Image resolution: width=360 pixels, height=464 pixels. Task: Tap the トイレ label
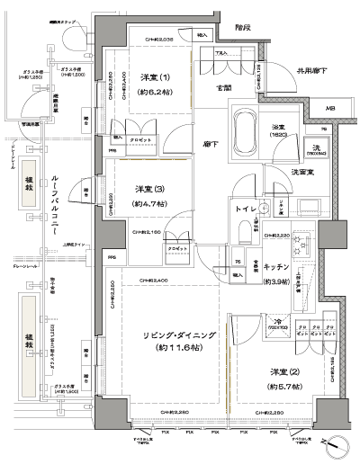point(246,208)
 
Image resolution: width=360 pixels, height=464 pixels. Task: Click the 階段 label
point(242,27)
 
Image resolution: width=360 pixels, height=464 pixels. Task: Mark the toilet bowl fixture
point(246,234)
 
